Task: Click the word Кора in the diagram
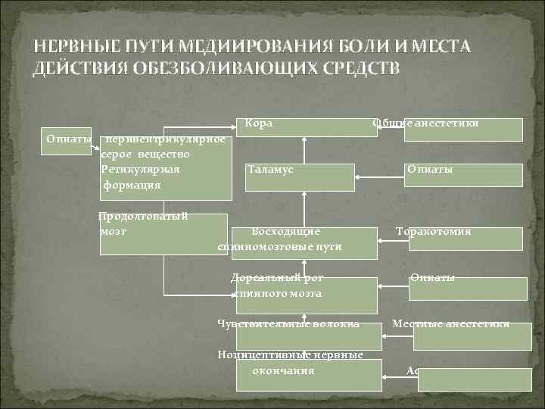pos(259,123)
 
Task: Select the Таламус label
pos(270,170)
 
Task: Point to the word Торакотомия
pos(434,231)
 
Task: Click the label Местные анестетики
pos(450,325)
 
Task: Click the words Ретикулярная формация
pos(140,176)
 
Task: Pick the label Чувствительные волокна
pos(288,325)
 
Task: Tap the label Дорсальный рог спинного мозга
pos(277,286)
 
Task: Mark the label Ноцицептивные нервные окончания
pos(290,363)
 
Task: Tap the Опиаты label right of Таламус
pos(430,170)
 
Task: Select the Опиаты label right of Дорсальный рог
pos(433,278)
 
